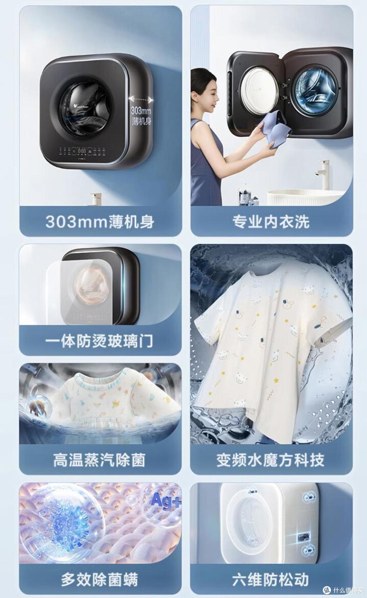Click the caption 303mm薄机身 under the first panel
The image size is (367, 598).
100,222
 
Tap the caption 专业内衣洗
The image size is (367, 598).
271,222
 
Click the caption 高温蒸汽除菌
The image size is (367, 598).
99,460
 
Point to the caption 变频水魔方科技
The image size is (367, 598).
271,460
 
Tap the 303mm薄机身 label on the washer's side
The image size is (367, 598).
141,115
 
